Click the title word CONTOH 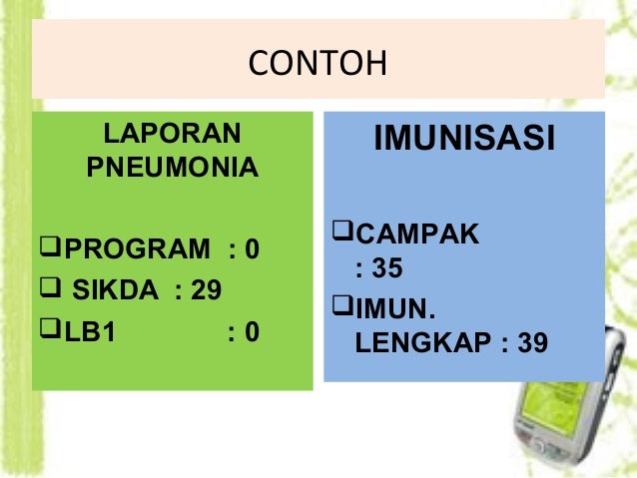tap(318, 64)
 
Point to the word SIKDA tap(115, 290)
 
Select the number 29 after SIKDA tap(207, 290)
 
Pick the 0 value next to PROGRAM tap(252, 248)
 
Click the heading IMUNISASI tap(463, 140)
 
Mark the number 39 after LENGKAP tap(533, 343)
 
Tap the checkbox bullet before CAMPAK tap(340, 235)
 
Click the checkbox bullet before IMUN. tap(340, 303)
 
